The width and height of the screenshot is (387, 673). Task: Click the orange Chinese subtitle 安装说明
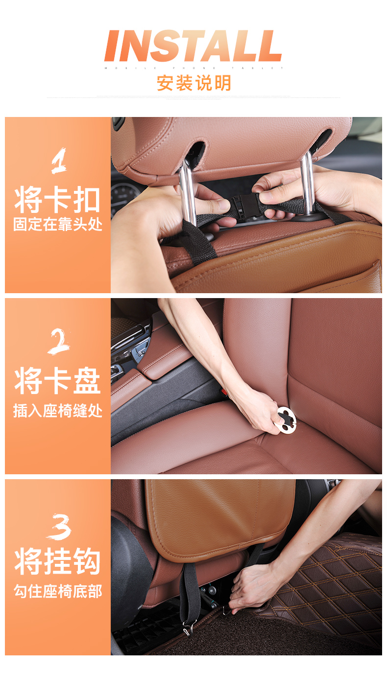coord(193,83)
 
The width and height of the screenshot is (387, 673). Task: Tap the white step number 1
coord(58,162)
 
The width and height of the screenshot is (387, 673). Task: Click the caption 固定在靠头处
coord(57,225)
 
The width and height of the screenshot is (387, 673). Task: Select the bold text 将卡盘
coord(57,382)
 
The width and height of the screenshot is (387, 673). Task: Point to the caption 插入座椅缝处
coord(57,410)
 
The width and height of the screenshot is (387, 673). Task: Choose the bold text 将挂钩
coord(57,562)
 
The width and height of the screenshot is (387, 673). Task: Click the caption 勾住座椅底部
coord(57,591)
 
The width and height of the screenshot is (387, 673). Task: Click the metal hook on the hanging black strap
coord(188,627)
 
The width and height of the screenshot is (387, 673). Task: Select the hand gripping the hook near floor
coord(250,587)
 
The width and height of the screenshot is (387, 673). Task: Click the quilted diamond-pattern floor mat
coord(333,587)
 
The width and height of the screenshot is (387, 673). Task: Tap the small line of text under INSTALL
coord(193,68)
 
